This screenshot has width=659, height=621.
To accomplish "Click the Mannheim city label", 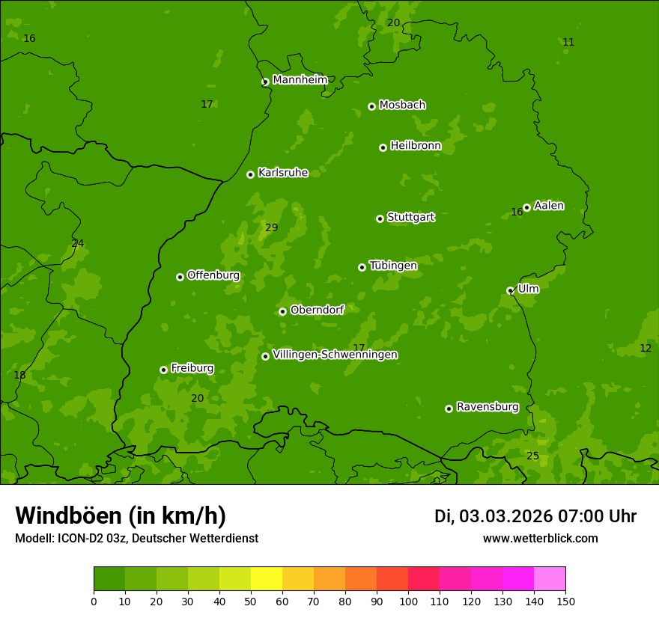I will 300,80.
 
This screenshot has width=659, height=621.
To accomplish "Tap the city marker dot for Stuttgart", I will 380,218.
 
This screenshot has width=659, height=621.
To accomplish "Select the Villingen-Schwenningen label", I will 335,355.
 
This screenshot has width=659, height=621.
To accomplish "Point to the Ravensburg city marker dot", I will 449,409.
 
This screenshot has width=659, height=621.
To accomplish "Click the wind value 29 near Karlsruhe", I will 271,227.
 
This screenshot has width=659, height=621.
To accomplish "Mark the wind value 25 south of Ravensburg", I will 532,456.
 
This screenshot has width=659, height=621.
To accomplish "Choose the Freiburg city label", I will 192,368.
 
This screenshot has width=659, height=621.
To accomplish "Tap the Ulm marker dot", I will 510,290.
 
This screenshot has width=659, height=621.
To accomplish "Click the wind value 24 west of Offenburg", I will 78,243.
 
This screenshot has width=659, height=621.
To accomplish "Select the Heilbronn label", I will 416,146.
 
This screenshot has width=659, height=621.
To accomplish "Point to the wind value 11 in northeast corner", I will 568,42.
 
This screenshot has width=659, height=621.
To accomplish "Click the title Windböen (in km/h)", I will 121,516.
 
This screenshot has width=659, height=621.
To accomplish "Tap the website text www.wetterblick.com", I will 540,538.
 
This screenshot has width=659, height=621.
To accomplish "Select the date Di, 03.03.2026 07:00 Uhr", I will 535,516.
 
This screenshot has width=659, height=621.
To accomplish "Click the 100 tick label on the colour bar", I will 408,600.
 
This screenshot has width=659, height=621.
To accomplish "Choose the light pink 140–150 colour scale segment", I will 550,578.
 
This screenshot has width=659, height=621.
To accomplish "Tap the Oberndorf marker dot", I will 282,311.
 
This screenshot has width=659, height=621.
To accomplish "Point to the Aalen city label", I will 549,206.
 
